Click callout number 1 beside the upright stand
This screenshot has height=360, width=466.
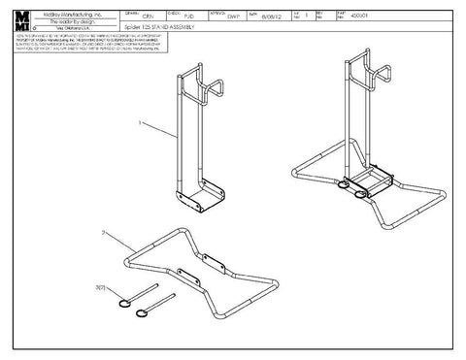pyautogui.click(x=142, y=123)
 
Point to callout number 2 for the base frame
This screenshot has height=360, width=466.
pyautogui.click(x=103, y=233)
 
